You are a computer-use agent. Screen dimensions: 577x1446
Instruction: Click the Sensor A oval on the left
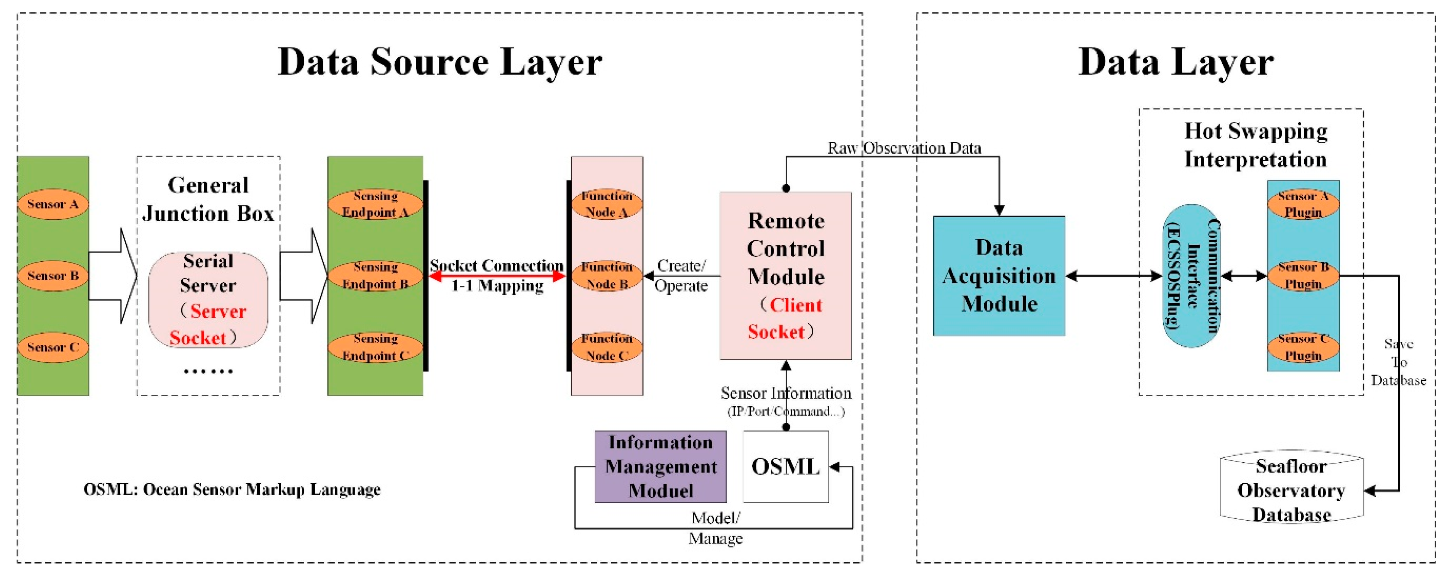[x=53, y=204]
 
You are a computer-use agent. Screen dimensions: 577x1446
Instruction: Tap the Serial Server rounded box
[x=208, y=300]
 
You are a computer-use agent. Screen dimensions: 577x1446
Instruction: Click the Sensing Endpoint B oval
[x=375, y=276]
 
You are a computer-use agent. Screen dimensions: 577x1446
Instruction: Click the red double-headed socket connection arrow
[x=497, y=276]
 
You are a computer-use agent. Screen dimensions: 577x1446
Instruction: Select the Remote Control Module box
[x=785, y=276]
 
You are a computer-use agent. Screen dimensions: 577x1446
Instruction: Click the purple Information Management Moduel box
[x=660, y=467]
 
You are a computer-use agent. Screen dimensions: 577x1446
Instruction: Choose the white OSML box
[x=785, y=467]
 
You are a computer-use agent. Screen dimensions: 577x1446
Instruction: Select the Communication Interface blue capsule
[x=1191, y=276]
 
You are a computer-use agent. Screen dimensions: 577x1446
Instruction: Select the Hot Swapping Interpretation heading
[x=1255, y=145]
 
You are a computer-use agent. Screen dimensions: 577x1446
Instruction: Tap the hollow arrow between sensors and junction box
[x=114, y=276]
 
